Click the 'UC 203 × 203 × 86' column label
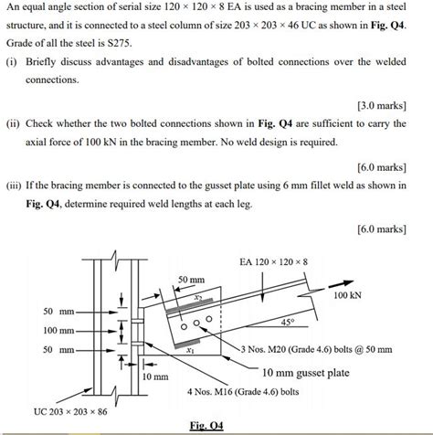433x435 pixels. tap(71, 410)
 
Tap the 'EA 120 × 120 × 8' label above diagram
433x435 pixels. tap(273, 262)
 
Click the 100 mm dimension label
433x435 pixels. tap(58, 330)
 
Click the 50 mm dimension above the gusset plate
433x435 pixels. tap(191, 278)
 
